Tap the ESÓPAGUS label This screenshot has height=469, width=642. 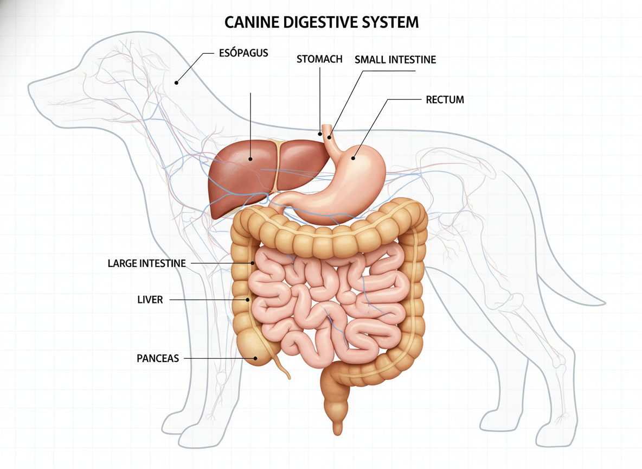[x=243, y=54]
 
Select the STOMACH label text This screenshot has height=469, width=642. [x=319, y=59]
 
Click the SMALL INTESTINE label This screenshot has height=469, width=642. [x=395, y=60]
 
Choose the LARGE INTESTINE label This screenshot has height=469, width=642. [x=147, y=264]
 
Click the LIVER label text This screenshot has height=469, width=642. [x=150, y=300]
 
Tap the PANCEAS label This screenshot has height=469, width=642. [x=158, y=359]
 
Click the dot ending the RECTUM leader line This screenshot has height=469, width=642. [x=354, y=158]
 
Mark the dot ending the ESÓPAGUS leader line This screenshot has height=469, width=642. [x=176, y=83]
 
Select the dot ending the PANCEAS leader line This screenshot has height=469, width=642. [x=255, y=358]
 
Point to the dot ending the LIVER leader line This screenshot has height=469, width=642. [x=248, y=299]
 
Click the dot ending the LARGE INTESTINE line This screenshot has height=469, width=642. [x=253, y=263]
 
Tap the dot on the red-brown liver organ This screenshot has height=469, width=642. [x=251, y=159]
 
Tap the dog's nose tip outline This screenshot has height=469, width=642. [x=29, y=87]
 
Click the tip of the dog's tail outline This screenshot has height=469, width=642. [x=604, y=302]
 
